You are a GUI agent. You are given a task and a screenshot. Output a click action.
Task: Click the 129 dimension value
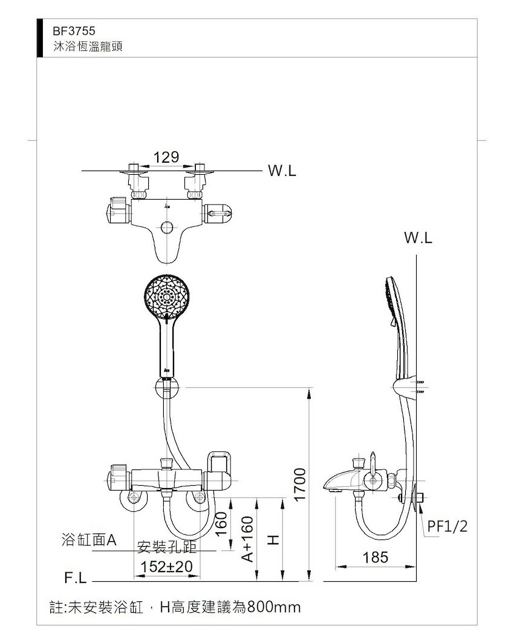click(x=166, y=157)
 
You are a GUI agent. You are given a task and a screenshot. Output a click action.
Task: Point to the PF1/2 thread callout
click(x=447, y=526)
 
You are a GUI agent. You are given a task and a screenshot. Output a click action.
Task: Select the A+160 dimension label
click(x=247, y=538)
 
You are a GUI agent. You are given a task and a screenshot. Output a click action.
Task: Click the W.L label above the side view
click(x=418, y=238)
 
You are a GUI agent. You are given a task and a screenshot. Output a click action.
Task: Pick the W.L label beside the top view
click(x=282, y=171)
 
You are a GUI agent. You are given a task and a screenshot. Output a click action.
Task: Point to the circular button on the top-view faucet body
click(x=167, y=227)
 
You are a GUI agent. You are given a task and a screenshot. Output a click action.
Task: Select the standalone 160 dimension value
click(x=221, y=523)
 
